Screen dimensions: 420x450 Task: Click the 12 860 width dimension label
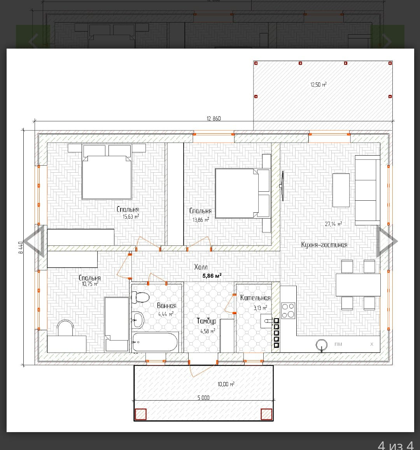tap(214, 119)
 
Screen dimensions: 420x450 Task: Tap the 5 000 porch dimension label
tap(203, 397)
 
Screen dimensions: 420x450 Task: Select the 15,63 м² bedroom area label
tap(131, 216)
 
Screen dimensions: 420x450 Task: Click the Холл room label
tap(201, 267)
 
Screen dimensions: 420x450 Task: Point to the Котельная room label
tap(255, 298)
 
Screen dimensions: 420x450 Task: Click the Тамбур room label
tap(206, 321)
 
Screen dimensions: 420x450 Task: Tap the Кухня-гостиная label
tap(324, 245)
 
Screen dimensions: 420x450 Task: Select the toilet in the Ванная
tap(140, 297)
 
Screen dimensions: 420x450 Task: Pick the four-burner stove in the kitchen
tap(288, 310)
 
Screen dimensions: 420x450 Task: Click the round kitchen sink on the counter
tap(321, 344)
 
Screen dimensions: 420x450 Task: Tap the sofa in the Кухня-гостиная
tap(367, 190)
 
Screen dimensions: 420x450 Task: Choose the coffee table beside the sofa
tap(341, 190)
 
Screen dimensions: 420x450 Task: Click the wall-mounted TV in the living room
tap(282, 186)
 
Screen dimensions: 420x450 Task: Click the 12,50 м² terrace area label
tap(318, 85)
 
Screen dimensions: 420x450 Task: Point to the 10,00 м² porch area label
tap(226, 384)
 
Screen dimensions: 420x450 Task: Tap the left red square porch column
tap(140, 414)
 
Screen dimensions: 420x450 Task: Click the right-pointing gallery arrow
tap(387, 241)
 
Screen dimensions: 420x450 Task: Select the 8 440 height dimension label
tap(21, 248)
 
